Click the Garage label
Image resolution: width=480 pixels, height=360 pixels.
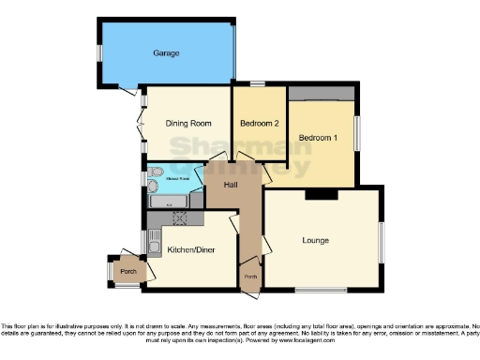coord(166,53)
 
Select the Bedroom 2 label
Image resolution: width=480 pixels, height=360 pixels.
coord(259,124)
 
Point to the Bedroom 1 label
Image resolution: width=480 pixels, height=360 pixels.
coord(319,139)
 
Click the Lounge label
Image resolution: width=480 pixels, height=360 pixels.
coord(315,241)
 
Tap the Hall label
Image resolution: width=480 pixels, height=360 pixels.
coord(230,184)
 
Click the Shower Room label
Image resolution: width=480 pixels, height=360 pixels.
coord(178,177)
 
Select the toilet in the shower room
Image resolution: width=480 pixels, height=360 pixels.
coord(156,173)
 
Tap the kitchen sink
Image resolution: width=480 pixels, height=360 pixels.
coord(154,242)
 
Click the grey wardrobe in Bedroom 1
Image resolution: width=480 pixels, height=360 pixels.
coord(322,92)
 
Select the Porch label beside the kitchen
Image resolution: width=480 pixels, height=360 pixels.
coord(126,273)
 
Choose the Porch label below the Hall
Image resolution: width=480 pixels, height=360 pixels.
coord(250,277)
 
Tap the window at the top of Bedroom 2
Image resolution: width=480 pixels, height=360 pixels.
coord(255,84)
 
